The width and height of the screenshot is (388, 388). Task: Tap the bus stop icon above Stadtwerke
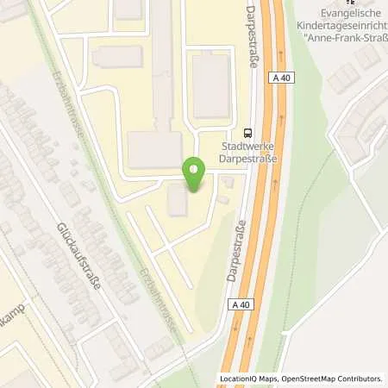click(248, 133)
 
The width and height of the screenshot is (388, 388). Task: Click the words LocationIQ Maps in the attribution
click(247, 379)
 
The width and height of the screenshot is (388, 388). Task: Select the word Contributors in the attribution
click(359, 379)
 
